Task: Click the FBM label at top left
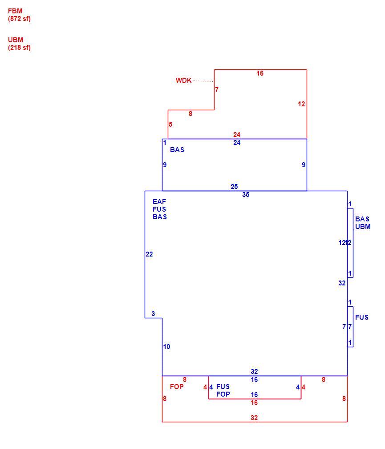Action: tap(15, 11)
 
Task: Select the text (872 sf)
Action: tap(19, 19)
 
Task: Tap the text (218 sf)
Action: tap(19, 48)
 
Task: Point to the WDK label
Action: tap(183, 80)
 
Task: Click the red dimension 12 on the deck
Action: tap(301, 104)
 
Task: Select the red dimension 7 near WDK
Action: tap(217, 90)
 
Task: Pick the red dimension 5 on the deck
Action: tap(170, 124)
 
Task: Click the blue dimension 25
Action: tap(234, 186)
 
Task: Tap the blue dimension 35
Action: tap(246, 194)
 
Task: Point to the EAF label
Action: tap(159, 201)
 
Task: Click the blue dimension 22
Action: tap(149, 254)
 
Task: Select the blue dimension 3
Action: tap(153, 313)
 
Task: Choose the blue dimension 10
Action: tap(166, 346)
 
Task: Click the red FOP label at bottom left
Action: tap(177, 387)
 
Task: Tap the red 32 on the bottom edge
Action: tap(254, 417)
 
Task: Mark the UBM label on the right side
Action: tap(363, 227)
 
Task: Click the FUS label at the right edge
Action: tap(362, 317)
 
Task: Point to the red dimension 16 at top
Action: tap(260, 73)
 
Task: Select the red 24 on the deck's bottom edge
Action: tap(237, 134)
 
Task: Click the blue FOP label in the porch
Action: tap(223, 394)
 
